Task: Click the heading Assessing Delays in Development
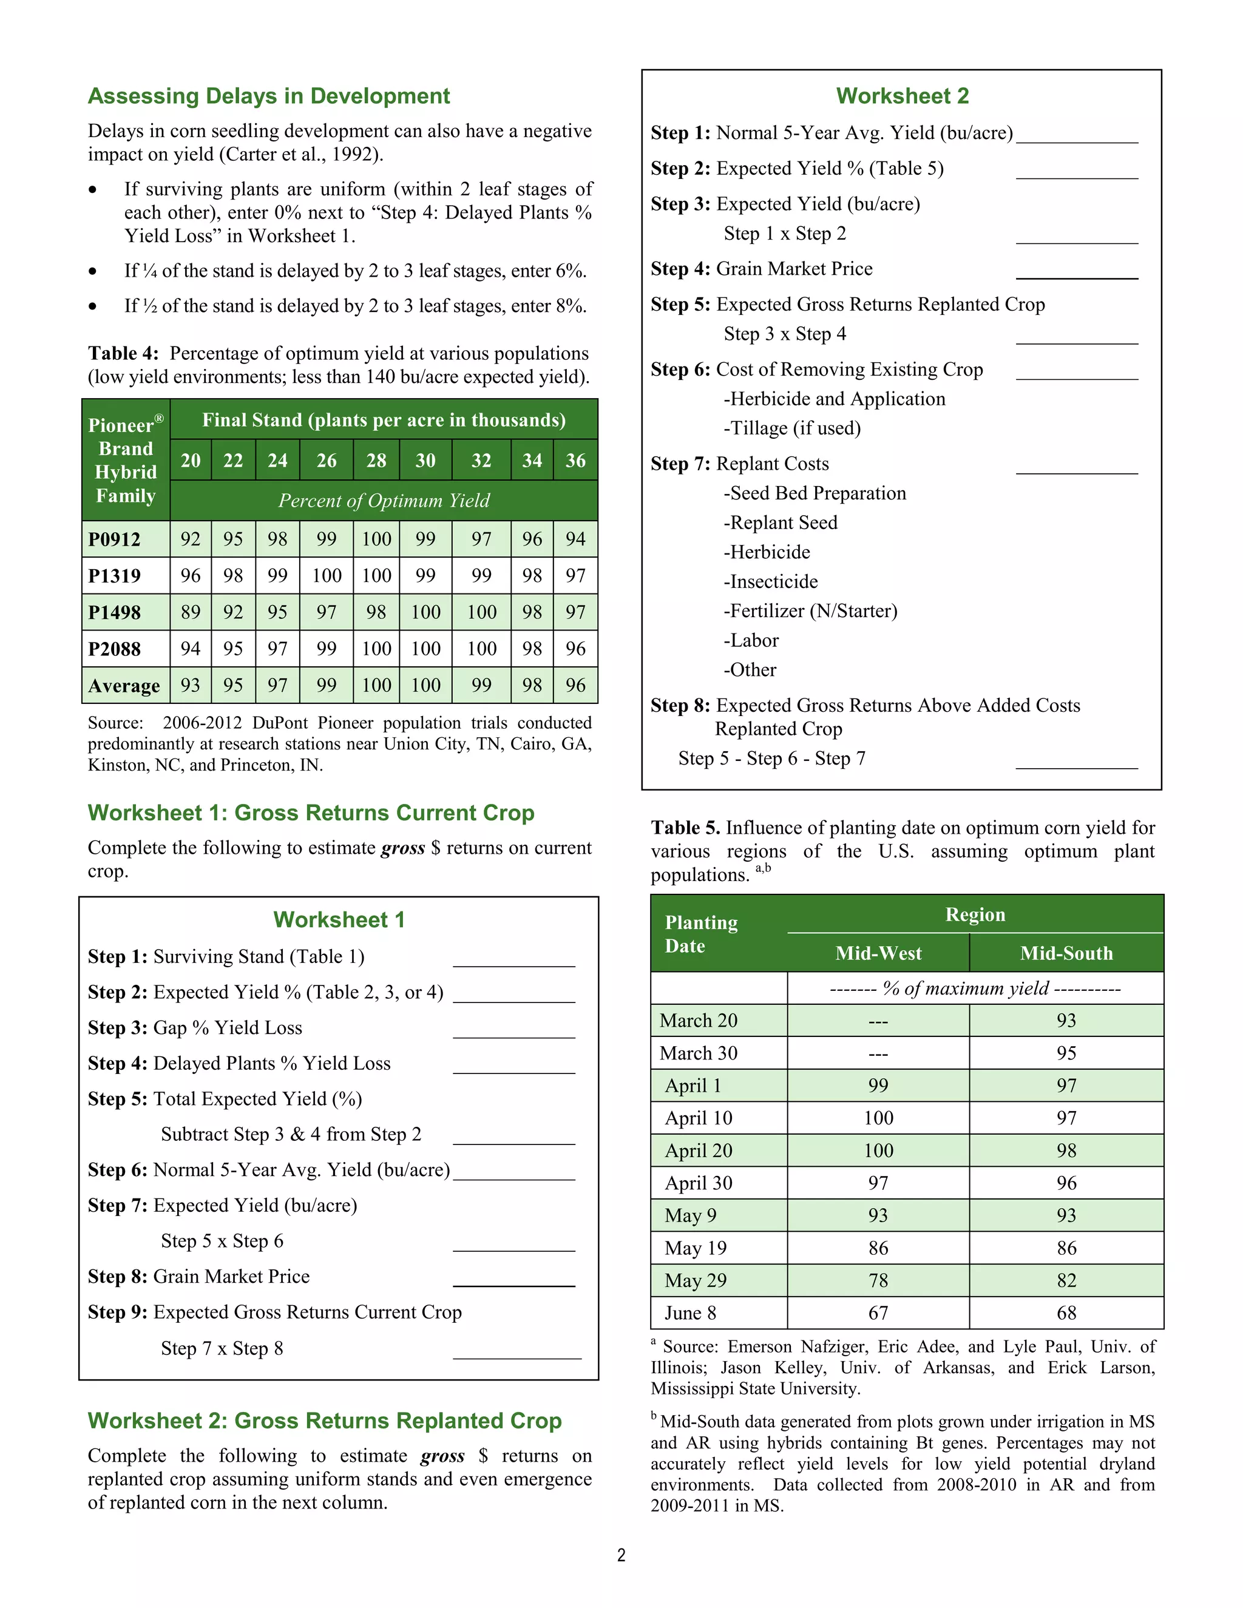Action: click(x=269, y=96)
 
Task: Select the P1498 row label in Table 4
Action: click(x=115, y=613)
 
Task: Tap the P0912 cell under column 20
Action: click(x=190, y=539)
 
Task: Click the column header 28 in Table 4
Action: click(x=376, y=461)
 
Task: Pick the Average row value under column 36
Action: click(x=575, y=686)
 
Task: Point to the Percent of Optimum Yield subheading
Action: click(x=384, y=501)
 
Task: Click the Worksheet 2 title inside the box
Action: click(x=902, y=96)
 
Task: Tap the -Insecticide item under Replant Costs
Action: click(x=770, y=582)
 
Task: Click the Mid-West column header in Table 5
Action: click(x=878, y=953)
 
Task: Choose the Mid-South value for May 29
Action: click(x=1066, y=1280)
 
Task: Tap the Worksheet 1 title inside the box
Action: click(x=339, y=921)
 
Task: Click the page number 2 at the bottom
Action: click(x=621, y=1555)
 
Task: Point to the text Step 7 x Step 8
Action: click(x=222, y=1348)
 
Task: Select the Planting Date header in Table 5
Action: click(x=701, y=934)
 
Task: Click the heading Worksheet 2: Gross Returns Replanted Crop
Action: click(x=325, y=1421)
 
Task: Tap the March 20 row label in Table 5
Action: click(x=698, y=1021)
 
